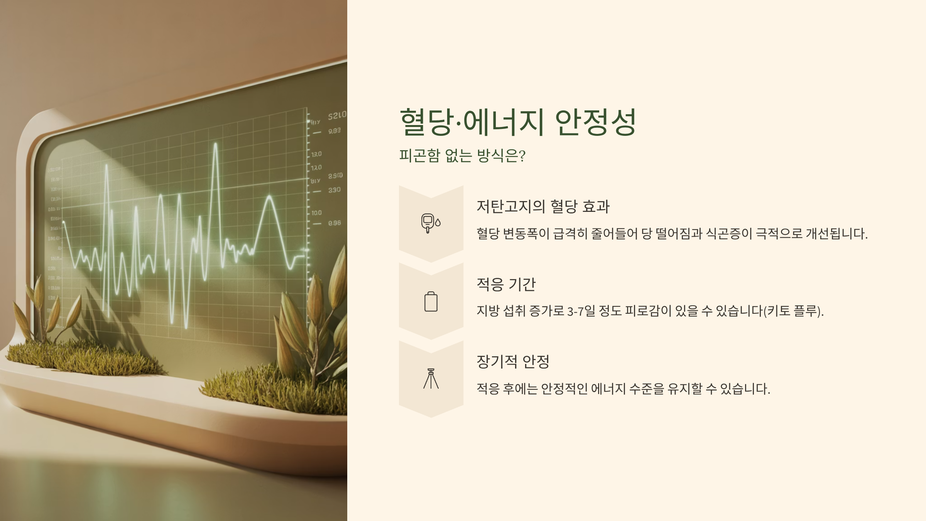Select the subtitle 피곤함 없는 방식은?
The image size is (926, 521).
pos(462,156)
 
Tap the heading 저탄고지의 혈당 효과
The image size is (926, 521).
pos(543,206)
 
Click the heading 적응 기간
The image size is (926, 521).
pos(506,284)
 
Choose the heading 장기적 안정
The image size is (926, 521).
pos(513,362)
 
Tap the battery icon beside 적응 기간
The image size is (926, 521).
pos(431,301)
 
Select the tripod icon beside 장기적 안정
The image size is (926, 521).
pos(431,379)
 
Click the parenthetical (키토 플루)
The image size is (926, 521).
pos(793,311)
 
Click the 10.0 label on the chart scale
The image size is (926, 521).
pos(317,213)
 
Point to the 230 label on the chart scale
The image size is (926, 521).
pos(334,190)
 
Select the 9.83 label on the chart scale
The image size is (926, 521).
pos(334,131)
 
